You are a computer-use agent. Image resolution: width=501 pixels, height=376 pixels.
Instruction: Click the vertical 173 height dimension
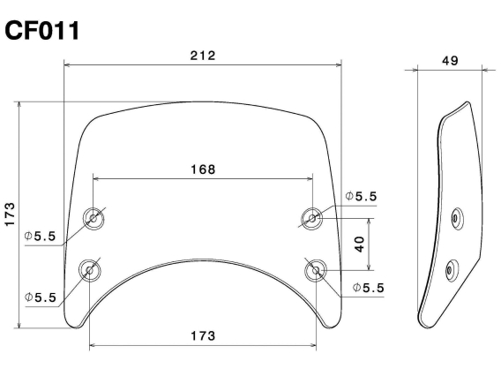point(10,214)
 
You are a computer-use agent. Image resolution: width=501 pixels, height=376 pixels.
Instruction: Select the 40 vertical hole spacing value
point(359,243)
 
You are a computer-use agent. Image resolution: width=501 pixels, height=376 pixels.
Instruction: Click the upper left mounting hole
point(91,218)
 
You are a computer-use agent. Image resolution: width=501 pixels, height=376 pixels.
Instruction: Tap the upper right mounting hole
point(311,217)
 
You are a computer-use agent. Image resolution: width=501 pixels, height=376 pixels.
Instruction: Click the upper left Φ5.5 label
point(41,237)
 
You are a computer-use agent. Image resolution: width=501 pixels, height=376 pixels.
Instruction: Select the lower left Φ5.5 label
point(41,297)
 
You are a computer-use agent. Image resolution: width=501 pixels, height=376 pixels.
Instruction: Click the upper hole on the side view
point(455,215)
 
